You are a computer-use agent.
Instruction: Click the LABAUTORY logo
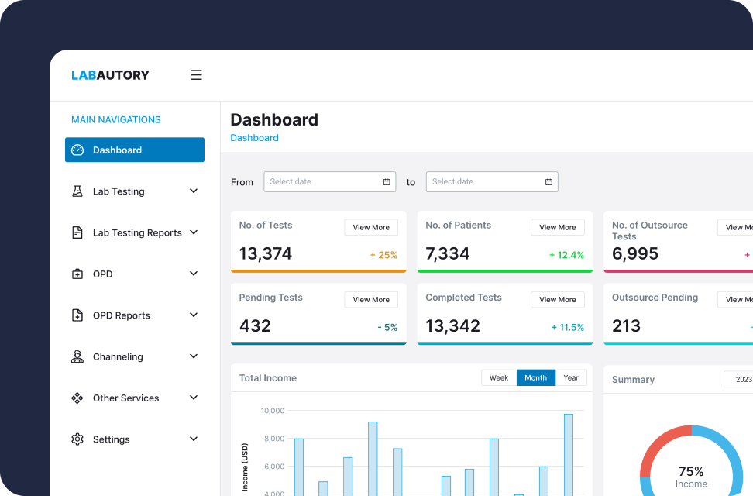click(110, 75)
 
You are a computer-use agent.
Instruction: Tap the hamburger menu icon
click(196, 75)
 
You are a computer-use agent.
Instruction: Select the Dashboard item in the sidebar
click(134, 150)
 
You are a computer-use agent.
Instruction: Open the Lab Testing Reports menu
click(136, 232)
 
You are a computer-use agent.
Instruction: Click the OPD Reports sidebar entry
click(121, 315)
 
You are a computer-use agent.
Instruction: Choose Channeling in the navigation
click(118, 356)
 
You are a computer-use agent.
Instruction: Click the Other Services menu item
click(125, 398)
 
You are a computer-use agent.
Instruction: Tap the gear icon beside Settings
click(77, 439)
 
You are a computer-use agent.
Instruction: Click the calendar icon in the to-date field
click(548, 182)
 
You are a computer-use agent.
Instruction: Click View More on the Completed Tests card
click(557, 300)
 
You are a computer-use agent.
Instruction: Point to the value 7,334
click(448, 254)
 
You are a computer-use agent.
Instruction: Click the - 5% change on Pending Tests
click(387, 327)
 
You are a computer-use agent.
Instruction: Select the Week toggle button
click(499, 378)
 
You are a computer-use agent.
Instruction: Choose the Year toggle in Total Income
click(571, 378)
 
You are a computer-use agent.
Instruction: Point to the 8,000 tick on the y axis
click(273, 439)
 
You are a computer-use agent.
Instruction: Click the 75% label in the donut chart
click(691, 471)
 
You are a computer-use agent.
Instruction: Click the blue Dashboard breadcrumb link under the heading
click(254, 138)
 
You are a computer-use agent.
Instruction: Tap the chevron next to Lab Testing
click(194, 191)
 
